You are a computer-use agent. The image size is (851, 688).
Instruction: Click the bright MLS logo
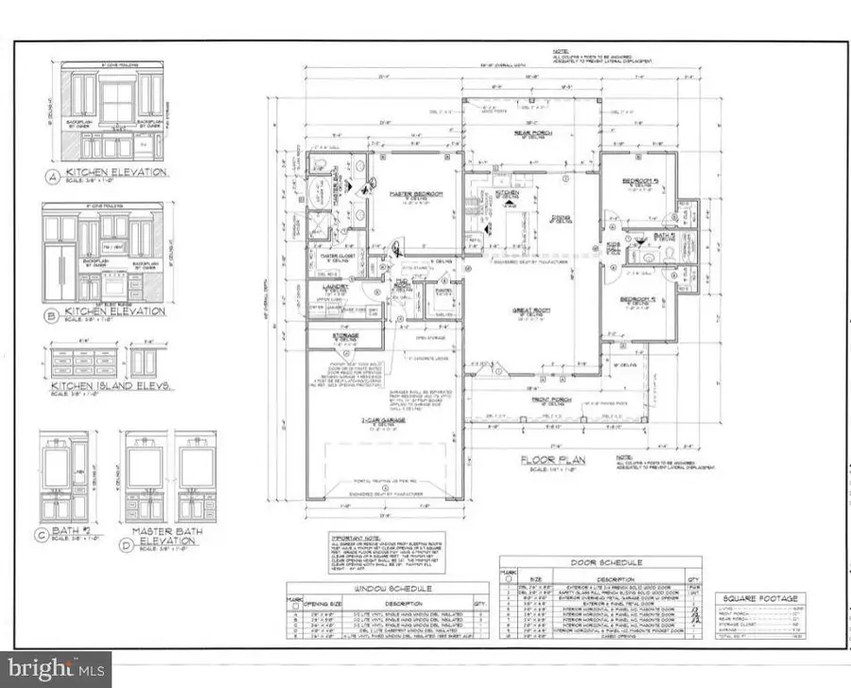point(56,669)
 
